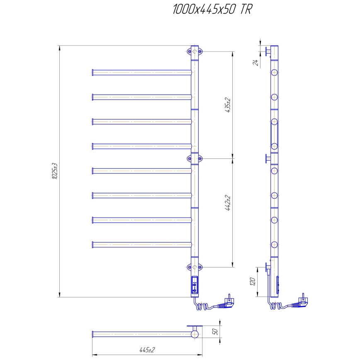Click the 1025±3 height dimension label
(x=54, y=171)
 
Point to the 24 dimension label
(x=256, y=62)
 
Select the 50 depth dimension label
(x=215, y=332)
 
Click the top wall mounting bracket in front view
(x=195, y=51)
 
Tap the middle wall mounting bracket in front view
(x=195, y=158)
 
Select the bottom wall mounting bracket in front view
(x=195, y=267)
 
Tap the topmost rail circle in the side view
(x=274, y=73)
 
